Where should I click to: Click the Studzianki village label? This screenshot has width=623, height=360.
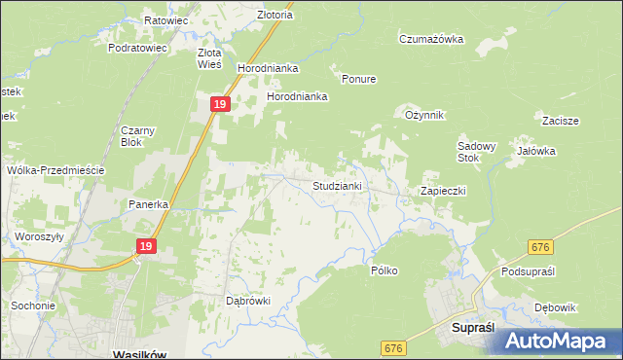[x=337, y=185]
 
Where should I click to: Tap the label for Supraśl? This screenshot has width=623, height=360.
[x=475, y=330]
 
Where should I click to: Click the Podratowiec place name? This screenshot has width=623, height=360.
[x=139, y=47]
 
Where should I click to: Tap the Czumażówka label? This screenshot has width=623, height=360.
[x=430, y=39]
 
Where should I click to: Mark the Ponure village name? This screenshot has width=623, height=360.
[x=358, y=79]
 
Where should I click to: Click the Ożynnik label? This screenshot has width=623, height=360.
[x=424, y=115]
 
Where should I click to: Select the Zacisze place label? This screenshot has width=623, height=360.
[x=561, y=121]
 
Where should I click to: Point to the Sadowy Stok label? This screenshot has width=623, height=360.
[x=477, y=152]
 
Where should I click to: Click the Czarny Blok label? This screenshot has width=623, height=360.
[x=138, y=135]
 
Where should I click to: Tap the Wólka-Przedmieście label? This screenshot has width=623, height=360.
[x=55, y=169]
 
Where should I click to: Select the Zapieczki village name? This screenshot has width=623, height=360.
[x=443, y=191]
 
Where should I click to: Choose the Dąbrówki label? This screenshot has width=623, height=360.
[x=247, y=301]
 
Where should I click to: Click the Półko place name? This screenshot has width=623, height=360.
[x=385, y=270]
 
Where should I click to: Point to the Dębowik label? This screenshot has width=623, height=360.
[x=556, y=307]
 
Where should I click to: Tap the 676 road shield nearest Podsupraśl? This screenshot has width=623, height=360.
[x=542, y=249]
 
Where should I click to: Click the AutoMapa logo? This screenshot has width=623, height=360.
[x=560, y=340]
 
